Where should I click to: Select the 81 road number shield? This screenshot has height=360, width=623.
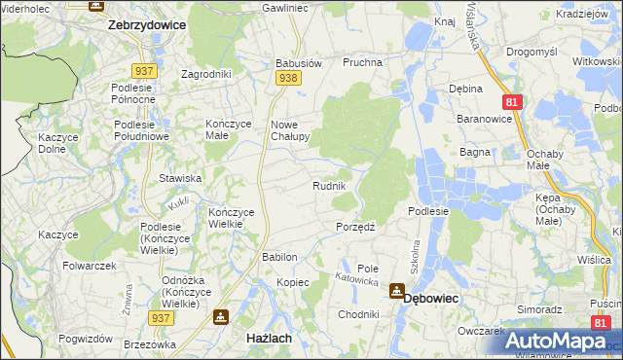coord(511,100)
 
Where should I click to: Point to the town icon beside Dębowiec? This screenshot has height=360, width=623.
coord(397,290)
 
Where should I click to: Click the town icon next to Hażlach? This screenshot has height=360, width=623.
coord(221,316)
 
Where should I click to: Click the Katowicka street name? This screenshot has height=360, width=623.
coord(356,279)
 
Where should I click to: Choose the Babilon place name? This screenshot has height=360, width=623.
coord(278,257)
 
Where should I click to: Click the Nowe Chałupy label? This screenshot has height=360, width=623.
coord(289,130)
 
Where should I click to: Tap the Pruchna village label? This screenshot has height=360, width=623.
coord(362,62)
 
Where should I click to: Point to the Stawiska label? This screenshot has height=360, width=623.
coord(180,178)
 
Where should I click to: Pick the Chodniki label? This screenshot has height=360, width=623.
coord(358,314)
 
